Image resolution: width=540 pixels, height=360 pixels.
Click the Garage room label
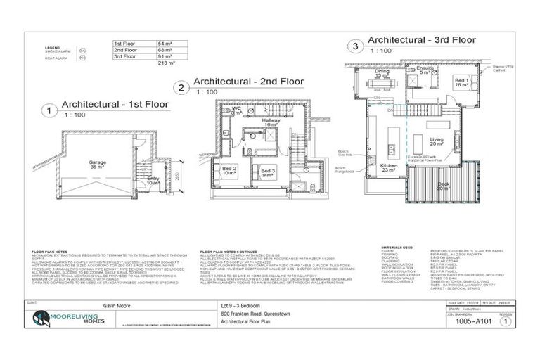point(97,163)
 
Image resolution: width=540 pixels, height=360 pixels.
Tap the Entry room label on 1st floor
point(153,179)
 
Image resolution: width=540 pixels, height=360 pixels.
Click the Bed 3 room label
point(268,172)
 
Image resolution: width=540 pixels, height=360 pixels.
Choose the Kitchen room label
point(388,167)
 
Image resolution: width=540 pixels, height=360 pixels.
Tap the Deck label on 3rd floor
point(442,186)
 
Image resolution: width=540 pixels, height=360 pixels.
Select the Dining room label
point(382,72)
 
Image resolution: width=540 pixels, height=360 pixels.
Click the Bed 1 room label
point(461,82)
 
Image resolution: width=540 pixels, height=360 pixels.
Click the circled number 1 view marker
point(49,110)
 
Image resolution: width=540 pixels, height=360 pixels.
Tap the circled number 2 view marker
point(182,88)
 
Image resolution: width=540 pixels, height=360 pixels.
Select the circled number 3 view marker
point(356,47)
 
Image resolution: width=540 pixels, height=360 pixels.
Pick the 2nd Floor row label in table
point(127,50)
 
